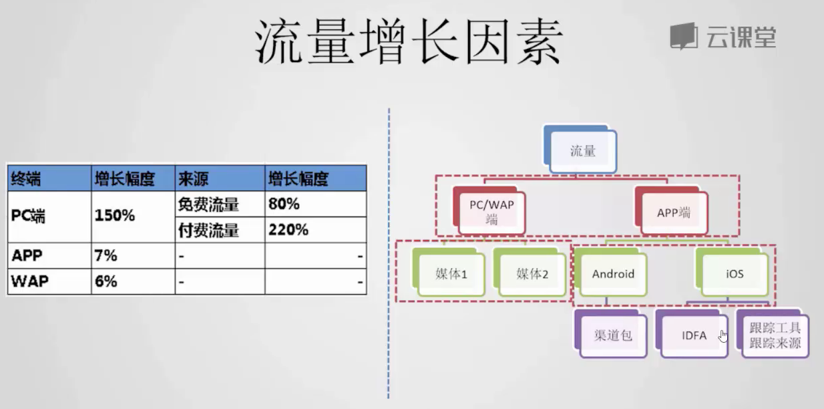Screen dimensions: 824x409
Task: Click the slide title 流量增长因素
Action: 409,41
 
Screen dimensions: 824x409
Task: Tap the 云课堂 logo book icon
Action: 684,36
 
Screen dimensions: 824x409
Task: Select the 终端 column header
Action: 26,179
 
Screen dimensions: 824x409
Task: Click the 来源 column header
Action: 194,179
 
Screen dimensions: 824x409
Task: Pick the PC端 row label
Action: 28,216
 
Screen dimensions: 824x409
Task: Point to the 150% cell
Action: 115,216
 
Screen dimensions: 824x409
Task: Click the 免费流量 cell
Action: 208,204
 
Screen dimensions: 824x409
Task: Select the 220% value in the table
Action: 288,230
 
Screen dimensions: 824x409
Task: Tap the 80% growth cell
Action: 284,204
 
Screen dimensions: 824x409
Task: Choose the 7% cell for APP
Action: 106,255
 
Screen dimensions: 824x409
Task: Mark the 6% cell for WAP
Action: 106,281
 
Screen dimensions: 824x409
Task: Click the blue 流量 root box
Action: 580,149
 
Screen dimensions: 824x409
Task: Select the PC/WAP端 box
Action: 489,211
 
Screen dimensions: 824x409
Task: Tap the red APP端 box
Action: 671,211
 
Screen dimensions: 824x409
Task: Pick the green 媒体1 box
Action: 449,273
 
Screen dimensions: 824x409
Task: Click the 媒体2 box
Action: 530,273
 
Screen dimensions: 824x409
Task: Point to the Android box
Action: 610,273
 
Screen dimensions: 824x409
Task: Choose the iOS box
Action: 732,273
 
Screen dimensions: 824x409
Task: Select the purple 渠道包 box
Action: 610,334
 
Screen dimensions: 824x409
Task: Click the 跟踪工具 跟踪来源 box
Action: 773,334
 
